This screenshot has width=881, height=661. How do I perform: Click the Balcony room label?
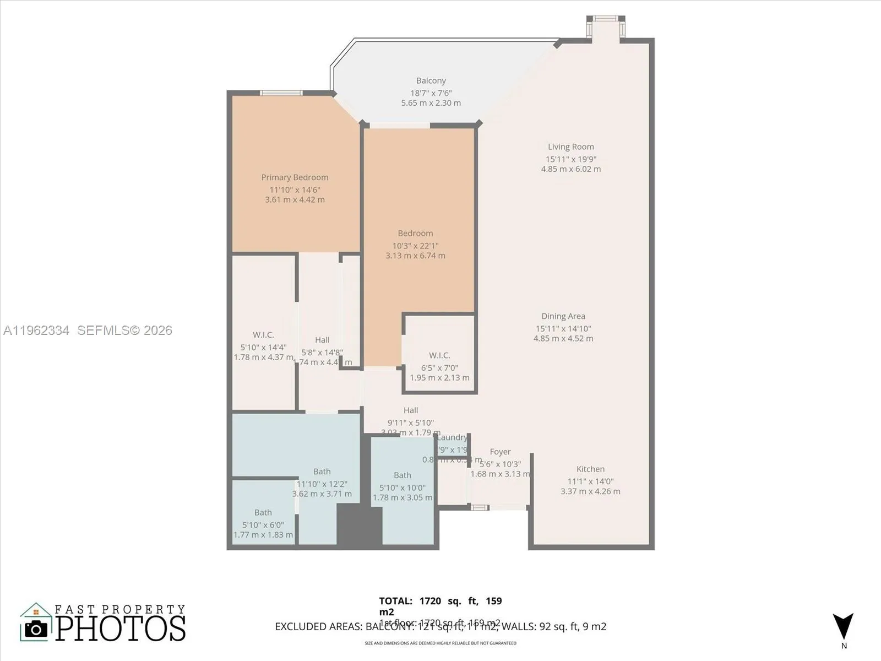(431, 81)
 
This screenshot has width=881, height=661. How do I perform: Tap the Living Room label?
(570, 147)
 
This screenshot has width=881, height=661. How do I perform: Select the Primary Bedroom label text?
(295, 177)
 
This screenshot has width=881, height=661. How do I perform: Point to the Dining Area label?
(563, 316)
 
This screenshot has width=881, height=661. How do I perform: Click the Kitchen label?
(590, 469)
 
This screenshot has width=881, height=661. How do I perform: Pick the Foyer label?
(500, 452)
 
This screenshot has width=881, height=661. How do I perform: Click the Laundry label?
(452, 438)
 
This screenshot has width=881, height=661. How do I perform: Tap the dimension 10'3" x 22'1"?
(415, 246)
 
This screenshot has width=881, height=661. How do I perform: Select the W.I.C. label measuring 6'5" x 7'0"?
(439, 356)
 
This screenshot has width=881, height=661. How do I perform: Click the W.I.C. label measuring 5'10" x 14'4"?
(263, 335)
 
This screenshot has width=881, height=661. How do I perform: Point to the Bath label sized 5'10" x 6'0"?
(263, 513)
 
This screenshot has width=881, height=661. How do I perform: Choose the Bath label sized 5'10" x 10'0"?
(402, 475)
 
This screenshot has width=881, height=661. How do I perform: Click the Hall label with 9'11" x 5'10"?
(410, 410)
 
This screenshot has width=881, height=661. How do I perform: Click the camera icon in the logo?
(36, 629)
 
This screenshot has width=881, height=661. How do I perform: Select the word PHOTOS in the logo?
(120, 629)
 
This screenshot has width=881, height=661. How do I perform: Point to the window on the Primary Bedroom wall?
(281, 93)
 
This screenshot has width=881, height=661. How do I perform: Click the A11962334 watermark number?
(36, 330)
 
